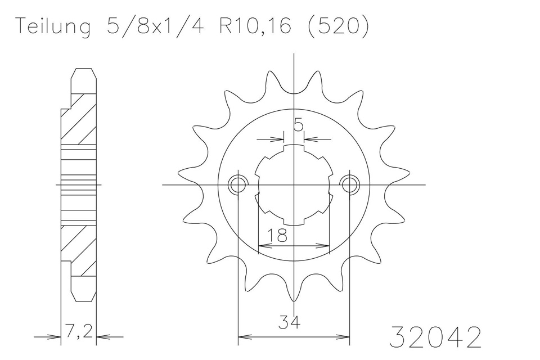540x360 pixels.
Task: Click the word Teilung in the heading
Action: click(54, 26)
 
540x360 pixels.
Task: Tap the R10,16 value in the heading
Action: click(255, 26)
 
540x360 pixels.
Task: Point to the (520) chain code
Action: click(337, 26)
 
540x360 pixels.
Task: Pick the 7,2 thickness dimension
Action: click(79, 332)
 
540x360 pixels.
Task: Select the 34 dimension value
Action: click(289, 323)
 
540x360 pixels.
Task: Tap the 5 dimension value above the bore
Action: click(298, 125)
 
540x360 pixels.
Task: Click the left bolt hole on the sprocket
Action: click(237, 184)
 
